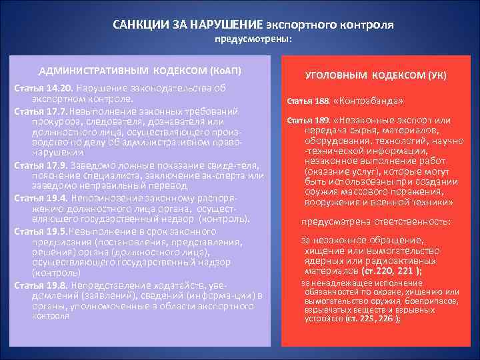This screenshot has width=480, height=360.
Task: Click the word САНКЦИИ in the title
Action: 137,25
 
